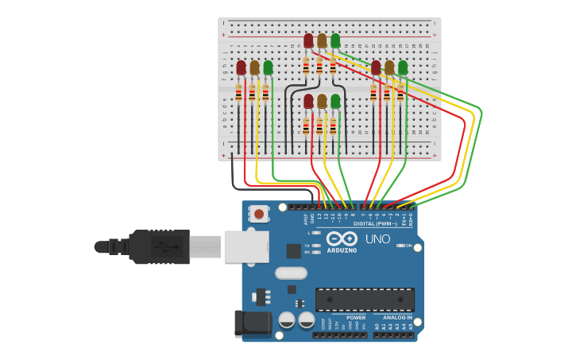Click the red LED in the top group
coord(308,41)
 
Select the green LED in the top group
coord(335,41)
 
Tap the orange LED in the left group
coord(254,68)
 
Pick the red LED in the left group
coord(241,68)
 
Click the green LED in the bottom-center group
coord(335,101)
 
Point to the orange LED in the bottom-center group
coord(322,101)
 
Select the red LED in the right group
coord(376,68)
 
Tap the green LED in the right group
coord(403,68)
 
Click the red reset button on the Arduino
coord(259,213)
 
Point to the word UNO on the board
coord(378,239)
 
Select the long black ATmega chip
coord(365,300)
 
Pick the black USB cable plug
coord(159,246)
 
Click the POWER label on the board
coord(356,318)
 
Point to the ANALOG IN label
coord(398,318)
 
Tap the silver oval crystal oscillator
coord(291,273)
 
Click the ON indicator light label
coord(408,246)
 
